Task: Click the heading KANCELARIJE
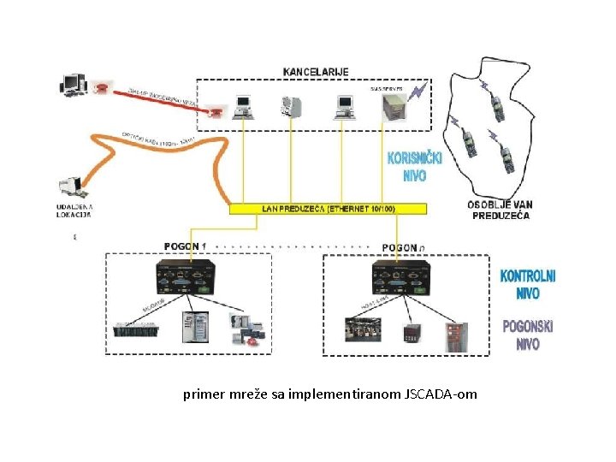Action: pyautogui.click(x=316, y=72)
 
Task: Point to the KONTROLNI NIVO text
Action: pyautogui.click(x=528, y=284)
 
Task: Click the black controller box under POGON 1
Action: pyautogui.click(x=183, y=278)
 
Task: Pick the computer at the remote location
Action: pyautogui.click(x=70, y=187)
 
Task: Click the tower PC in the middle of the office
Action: pyautogui.click(x=292, y=106)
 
